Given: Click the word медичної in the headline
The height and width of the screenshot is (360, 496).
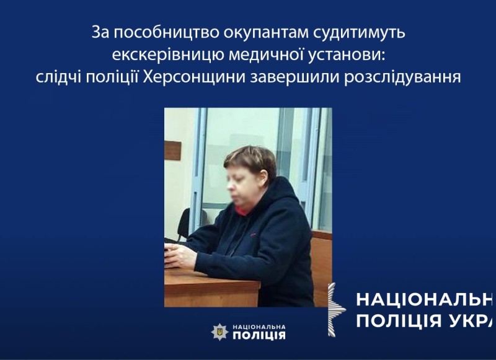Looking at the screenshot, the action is click(268, 55).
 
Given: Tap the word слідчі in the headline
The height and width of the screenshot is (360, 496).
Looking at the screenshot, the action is click(58, 77).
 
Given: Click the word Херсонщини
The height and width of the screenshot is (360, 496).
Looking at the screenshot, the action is click(194, 77).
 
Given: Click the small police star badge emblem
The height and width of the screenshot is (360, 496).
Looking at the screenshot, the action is click(219, 331).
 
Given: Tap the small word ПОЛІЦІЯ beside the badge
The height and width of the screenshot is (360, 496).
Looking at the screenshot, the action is click(259, 335).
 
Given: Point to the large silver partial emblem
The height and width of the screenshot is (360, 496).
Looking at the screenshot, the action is click(336, 309).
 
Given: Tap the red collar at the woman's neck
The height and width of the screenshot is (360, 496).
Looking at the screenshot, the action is click(244, 209).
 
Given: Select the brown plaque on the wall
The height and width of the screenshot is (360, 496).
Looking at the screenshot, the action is click(173, 151).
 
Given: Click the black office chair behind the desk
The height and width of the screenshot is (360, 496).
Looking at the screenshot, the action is click(185, 224).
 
